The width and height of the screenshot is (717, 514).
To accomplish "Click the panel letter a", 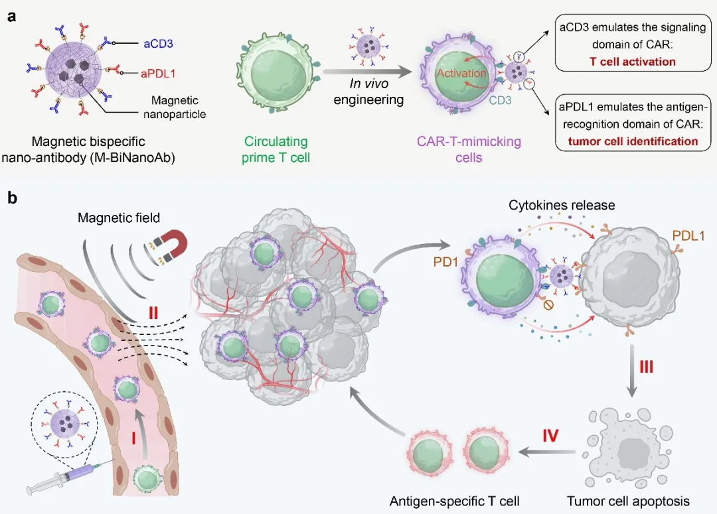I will (x=12, y=17).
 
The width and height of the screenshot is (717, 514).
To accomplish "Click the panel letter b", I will (x=12, y=198).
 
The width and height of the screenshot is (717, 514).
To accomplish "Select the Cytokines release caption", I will (x=562, y=205).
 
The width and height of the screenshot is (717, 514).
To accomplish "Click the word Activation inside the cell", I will (x=461, y=73).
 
